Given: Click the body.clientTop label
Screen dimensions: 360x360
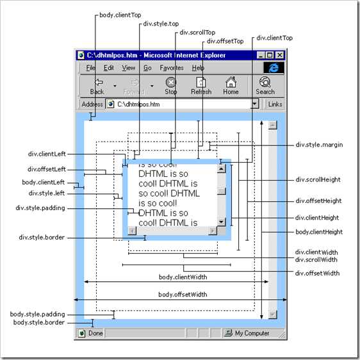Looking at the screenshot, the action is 120,15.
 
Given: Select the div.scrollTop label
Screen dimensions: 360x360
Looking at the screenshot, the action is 197,33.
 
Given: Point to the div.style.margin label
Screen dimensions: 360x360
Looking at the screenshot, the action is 319,145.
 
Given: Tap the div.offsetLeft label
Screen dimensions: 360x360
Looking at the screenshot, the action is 47,169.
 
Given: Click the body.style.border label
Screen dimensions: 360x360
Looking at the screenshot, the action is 39,322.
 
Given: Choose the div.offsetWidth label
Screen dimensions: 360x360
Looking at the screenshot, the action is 317,274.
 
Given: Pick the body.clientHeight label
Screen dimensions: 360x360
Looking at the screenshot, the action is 319,232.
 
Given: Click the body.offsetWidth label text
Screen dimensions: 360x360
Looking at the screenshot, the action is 183,295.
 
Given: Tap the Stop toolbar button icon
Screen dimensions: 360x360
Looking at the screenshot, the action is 171,82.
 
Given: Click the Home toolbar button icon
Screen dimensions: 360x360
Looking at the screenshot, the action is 231,82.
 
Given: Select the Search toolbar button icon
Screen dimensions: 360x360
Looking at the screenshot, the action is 265,82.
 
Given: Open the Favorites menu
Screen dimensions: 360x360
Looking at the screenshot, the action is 172,68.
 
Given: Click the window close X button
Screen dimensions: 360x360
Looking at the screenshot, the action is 280,55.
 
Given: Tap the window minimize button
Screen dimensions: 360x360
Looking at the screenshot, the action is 261,55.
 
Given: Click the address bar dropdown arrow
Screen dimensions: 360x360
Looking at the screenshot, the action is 254,104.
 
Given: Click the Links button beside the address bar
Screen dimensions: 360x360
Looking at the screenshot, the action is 275,104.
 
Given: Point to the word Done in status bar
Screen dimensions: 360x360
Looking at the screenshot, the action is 95,333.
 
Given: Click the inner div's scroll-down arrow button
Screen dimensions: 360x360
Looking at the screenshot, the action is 222,222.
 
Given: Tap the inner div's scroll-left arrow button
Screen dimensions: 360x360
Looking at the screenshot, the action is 132,231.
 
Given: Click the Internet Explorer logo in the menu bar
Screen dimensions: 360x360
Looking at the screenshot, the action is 274,68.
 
